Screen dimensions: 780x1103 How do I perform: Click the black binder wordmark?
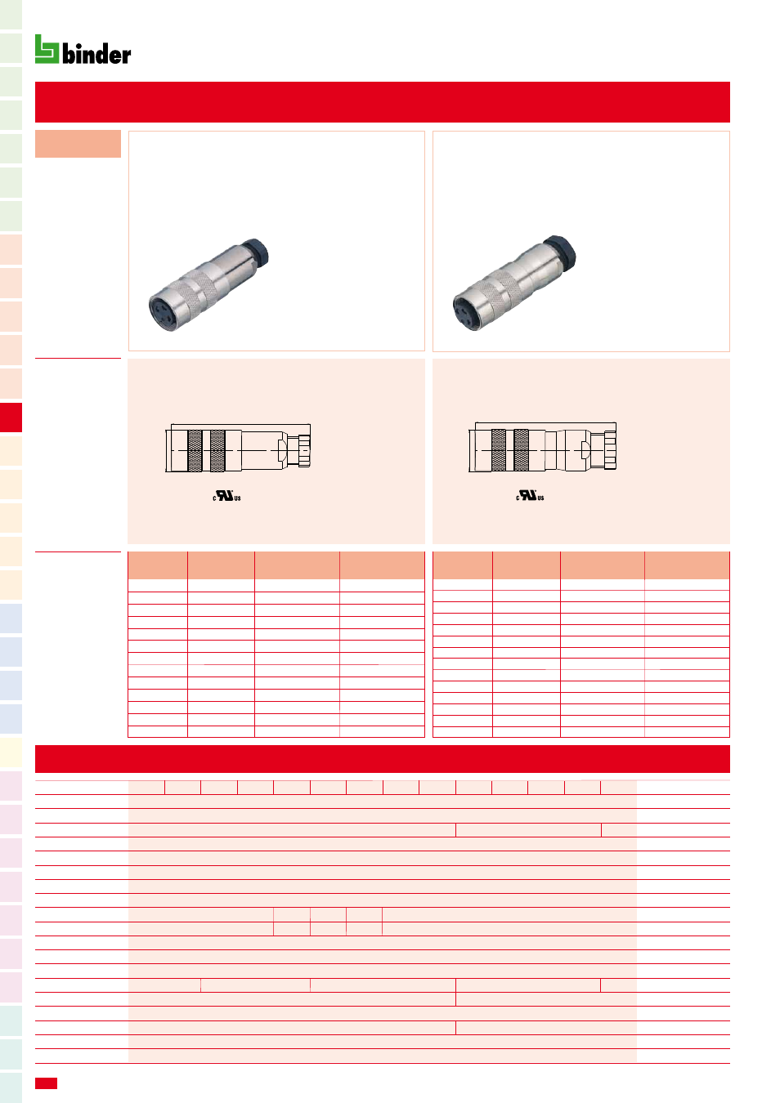(x=96, y=53)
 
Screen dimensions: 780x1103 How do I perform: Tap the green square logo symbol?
(x=47, y=49)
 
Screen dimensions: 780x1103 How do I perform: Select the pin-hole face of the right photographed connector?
(x=468, y=312)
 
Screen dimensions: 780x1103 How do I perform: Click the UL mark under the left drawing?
(x=226, y=496)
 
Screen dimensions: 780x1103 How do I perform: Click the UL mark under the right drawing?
(x=530, y=495)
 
